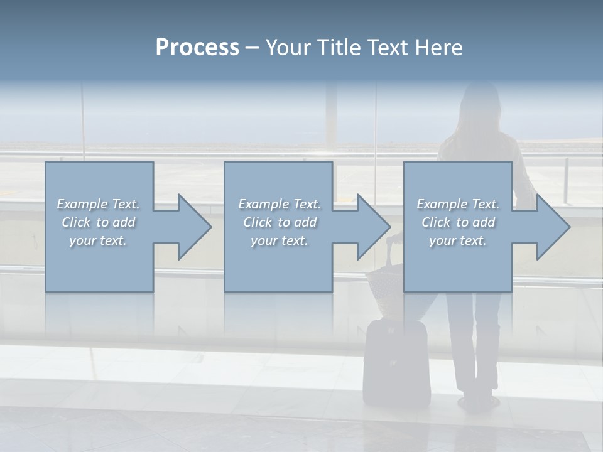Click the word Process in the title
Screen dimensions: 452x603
tap(197, 48)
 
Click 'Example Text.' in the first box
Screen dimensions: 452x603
tap(98, 204)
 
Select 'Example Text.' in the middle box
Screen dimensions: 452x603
tap(279, 204)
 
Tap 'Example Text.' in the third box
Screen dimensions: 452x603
tap(458, 204)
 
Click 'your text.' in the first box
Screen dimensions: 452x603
tap(98, 240)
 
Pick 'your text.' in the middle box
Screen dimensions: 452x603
tap(279, 240)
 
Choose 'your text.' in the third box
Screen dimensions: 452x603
tap(458, 240)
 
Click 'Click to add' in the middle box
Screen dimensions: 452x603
tap(279, 222)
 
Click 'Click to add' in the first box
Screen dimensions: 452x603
tap(98, 222)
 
